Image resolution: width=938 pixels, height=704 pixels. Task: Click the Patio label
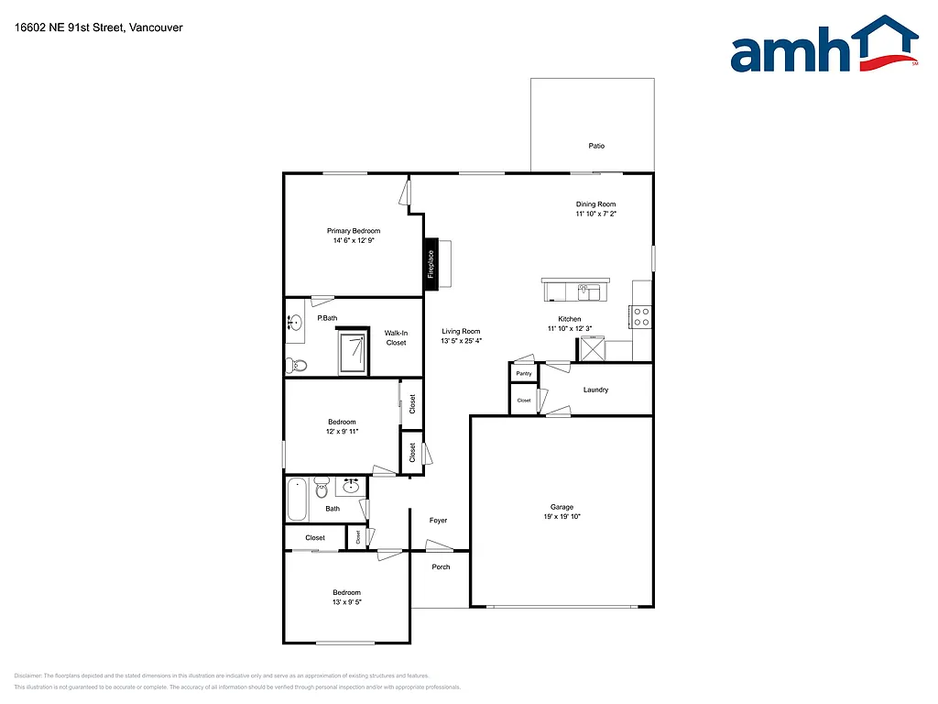(596, 146)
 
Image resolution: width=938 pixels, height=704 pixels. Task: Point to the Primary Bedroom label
(354, 231)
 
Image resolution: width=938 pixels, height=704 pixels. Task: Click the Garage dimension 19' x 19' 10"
(562, 517)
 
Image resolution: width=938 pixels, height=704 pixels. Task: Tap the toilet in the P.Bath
(297, 365)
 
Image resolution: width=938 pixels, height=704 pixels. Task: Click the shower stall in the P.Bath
(354, 353)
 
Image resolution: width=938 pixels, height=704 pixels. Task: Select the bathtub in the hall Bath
(297, 500)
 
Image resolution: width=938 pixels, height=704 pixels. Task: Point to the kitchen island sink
(586, 292)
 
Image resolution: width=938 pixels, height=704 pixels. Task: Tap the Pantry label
(524, 374)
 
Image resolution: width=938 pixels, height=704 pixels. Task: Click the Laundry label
(595, 390)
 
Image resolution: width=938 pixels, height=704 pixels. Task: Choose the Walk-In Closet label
(396, 338)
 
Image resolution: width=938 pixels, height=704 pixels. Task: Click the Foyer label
(439, 521)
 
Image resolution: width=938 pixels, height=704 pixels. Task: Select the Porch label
(441, 566)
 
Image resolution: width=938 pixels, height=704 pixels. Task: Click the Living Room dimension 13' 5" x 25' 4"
(461, 341)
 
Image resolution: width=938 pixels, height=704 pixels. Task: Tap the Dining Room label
(595, 204)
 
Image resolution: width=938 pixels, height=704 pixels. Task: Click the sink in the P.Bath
(295, 323)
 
